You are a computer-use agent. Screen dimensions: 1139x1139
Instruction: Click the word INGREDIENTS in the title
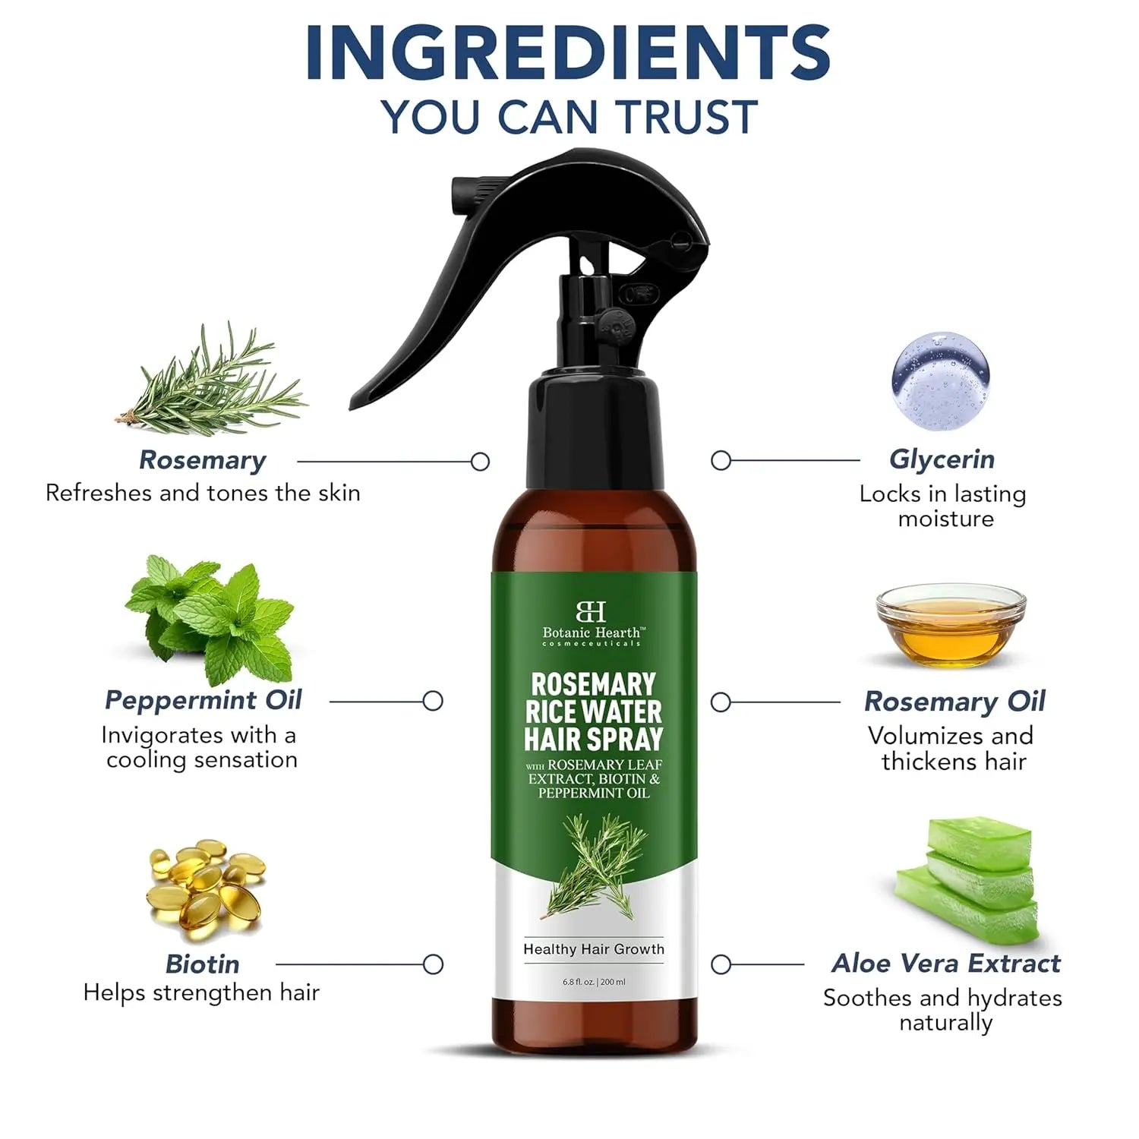click(x=568, y=53)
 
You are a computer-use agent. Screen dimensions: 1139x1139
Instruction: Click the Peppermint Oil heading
click(x=203, y=700)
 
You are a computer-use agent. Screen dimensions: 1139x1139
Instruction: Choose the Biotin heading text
click(x=202, y=964)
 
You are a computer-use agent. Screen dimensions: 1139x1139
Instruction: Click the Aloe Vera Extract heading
click(x=945, y=963)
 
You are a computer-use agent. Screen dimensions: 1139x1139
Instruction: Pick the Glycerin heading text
click(x=942, y=459)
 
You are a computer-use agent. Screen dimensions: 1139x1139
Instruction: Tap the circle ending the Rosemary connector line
click(x=480, y=461)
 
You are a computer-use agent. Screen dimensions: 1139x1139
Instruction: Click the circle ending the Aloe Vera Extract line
click(x=721, y=964)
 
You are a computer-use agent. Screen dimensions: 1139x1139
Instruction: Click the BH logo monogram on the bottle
click(x=591, y=611)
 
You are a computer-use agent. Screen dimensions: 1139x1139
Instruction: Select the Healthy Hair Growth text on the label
click(x=593, y=949)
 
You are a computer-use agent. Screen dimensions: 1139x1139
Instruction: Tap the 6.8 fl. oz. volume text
click(x=579, y=982)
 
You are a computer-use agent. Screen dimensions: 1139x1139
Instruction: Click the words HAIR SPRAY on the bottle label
click(x=593, y=739)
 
